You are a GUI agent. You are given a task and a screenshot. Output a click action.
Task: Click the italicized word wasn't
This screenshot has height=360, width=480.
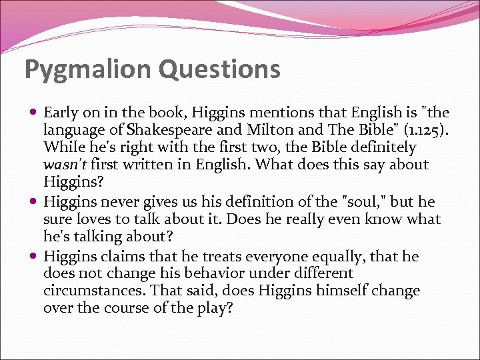click(x=65, y=165)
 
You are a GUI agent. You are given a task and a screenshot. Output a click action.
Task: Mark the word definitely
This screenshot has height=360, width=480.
click(x=378, y=147)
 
